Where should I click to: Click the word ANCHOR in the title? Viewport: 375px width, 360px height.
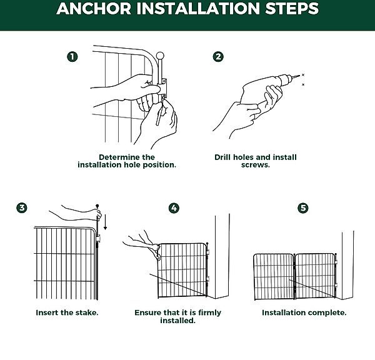pos(94,8)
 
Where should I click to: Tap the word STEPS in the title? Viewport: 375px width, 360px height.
pos(292,8)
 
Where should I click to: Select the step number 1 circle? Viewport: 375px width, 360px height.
pos(72,57)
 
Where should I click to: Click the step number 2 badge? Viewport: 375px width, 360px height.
pos(218,57)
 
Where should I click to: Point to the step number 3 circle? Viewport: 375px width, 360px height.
pos(22,207)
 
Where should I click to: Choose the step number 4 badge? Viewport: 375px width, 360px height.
pos(174,208)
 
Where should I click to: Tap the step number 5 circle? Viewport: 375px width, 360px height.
pos(303,208)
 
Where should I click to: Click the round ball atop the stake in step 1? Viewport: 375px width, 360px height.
pos(160,56)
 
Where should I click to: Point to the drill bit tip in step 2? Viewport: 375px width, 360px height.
pos(299,76)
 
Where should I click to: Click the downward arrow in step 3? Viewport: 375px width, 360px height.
pos(105,221)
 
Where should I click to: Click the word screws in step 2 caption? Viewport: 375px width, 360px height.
pos(255,165)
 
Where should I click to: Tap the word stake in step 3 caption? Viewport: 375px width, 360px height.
pos(86,312)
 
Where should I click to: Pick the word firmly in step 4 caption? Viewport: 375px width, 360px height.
pos(209,313)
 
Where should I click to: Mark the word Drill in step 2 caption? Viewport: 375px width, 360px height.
pos(222,157)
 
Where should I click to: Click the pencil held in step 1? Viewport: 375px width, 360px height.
pos(160,112)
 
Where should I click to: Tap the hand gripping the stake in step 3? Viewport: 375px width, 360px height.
pos(97,214)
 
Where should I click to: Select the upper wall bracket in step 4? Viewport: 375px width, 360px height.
pos(208,252)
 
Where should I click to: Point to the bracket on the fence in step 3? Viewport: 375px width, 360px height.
pos(98,238)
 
